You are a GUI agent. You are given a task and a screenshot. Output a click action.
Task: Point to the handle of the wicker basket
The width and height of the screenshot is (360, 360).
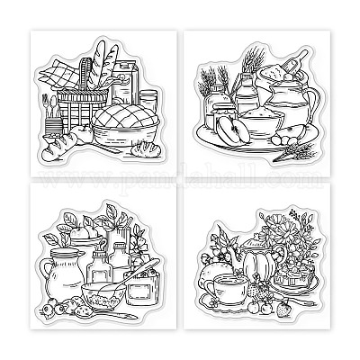[x=85, y=68]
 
